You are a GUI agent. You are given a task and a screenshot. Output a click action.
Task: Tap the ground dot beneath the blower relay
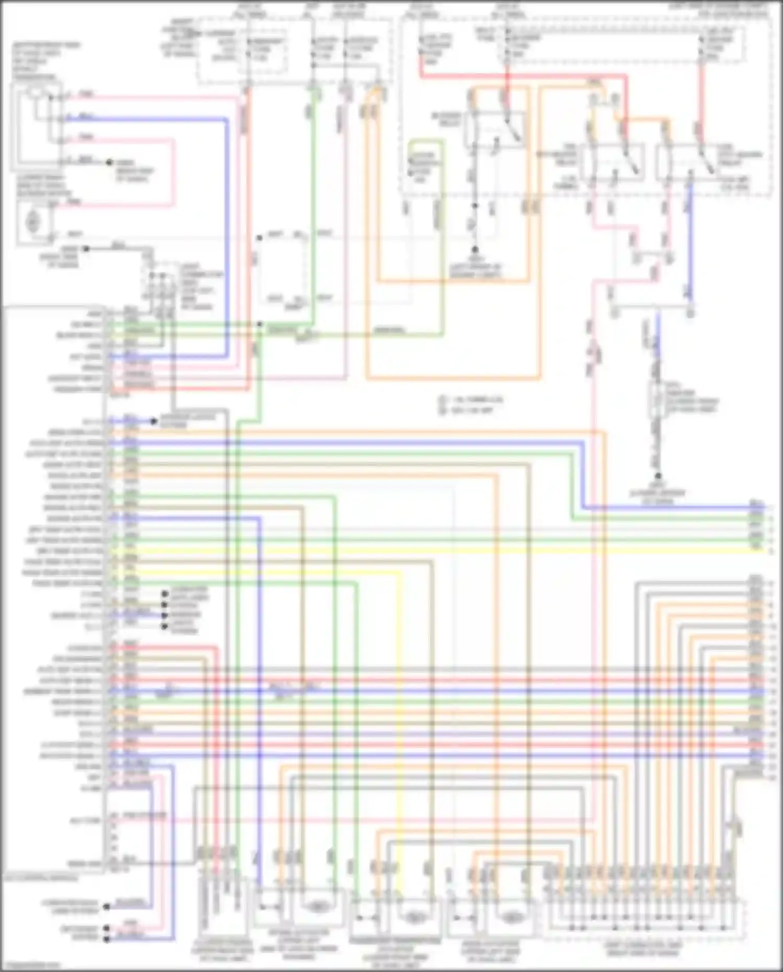475,250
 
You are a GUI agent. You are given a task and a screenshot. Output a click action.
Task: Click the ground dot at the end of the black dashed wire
658,476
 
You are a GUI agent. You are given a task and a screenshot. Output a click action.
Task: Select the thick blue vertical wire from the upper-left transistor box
228,235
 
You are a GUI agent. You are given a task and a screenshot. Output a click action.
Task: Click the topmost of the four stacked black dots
165,594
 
